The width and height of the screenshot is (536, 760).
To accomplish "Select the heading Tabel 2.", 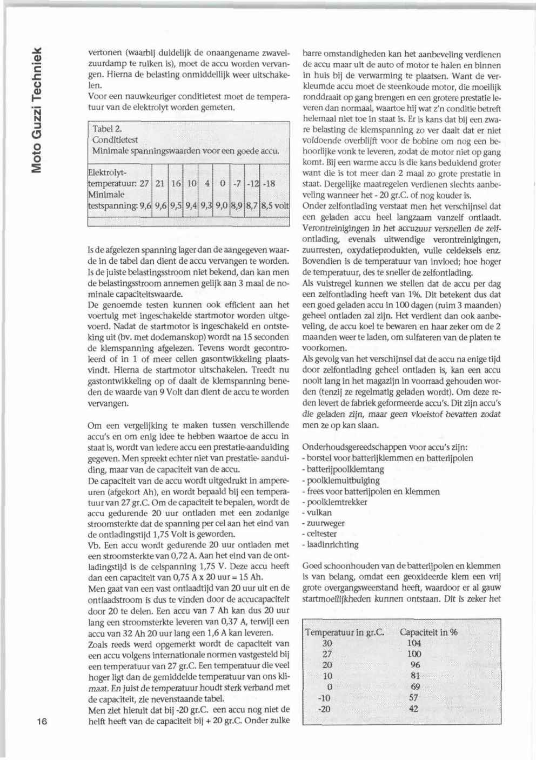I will point(107,129).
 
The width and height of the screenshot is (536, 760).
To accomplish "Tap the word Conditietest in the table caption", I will point(115,139).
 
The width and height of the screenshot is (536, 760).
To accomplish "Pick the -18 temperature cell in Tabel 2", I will point(269,183).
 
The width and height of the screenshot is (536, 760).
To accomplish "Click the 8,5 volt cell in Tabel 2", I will point(275,205).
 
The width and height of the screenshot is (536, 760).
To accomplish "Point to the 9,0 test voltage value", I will point(222,205).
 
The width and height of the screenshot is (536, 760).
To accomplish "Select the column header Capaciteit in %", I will point(428,632).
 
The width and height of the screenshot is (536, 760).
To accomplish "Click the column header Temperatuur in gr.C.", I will point(344,632).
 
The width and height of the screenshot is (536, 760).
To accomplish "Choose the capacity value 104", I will point(414,643).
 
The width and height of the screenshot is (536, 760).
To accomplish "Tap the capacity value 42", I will point(413,709).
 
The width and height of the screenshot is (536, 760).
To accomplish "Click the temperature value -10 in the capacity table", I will point(324,698).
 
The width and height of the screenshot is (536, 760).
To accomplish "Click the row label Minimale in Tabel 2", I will point(106,195).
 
